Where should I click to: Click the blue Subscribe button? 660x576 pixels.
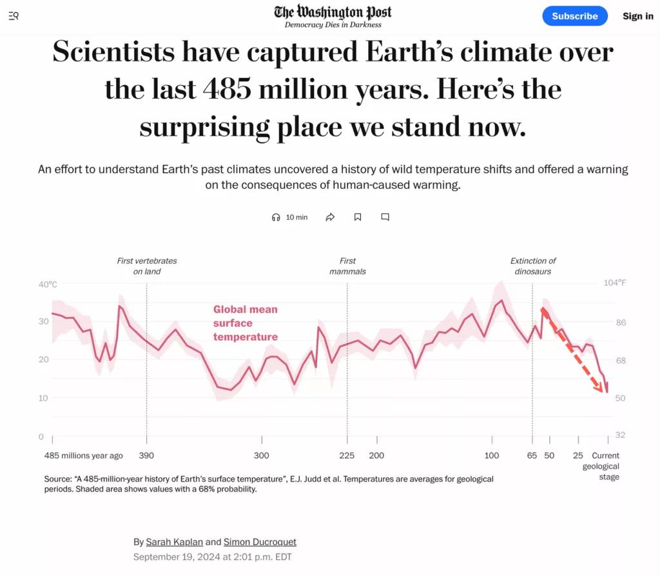pyautogui.click(x=575, y=16)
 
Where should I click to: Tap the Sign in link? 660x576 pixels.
pyautogui.click(x=637, y=16)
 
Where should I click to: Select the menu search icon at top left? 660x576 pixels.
pyautogui.click(x=14, y=16)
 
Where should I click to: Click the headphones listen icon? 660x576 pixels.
pyautogui.click(x=277, y=217)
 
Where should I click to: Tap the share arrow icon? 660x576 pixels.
pyautogui.click(x=330, y=217)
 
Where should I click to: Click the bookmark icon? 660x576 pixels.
pyautogui.click(x=358, y=217)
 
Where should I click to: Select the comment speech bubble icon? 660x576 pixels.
pyautogui.click(x=385, y=217)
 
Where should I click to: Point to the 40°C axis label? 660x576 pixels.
pyautogui.click(x=48, y=284)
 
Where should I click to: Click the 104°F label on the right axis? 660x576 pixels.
pyautogui.click(x=614, y=283)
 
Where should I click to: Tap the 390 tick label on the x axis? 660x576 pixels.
pyautogui.click(x=146, y=456)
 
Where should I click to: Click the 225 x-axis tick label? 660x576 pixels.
pyautogui.click(x=347, y=456)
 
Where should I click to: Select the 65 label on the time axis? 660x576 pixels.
pyautogui.click(x=532, y=456)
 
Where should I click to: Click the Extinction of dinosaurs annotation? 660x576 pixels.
pyautogui.click(x=532, y=266)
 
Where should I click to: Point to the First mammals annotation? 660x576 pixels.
pyautogui.click(x=347, y=266)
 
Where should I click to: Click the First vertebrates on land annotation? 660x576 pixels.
pyautogui.click(x=147, y=266)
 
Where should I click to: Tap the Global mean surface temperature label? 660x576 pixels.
pyautogui.click(x=246, y=323)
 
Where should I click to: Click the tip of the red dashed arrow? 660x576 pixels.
pyautogui.click(x=604, y=392)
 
